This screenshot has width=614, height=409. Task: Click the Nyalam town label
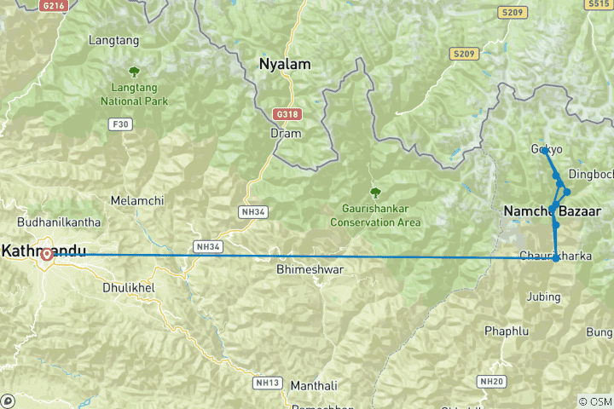pos(285,64)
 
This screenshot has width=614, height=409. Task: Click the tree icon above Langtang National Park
pos(133,72)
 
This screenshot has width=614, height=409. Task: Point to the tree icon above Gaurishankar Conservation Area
pos(373,193)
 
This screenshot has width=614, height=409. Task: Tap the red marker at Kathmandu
pos(45,254)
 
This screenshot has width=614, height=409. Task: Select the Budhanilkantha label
pos(52,222)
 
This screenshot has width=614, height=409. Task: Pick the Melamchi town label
pos(131,201)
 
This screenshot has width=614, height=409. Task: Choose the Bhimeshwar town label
pos(310,269)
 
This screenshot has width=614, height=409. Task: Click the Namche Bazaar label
pos(553,210)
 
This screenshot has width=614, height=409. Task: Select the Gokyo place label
pos(547,149)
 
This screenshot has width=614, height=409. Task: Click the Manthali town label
pos(315,385)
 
